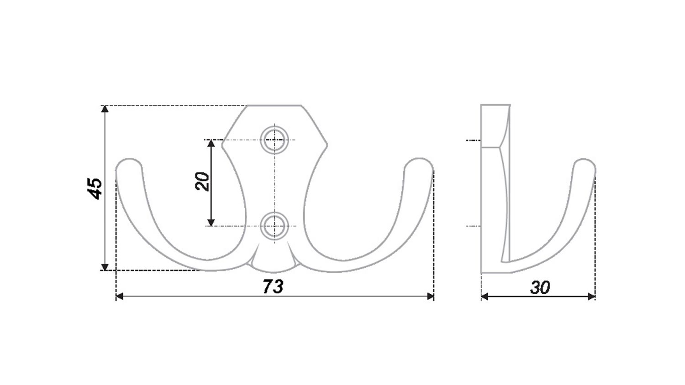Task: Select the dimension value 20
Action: pyautogui.click(x=202, y=182)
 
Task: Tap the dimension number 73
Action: pyautogui.click(x=273, y=286)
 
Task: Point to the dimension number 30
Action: pyautogui.click(x=540, y=287)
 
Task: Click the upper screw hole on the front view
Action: pyautogui.click(x=274, y=140)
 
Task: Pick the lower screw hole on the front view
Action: pyautogui.click(x=274, y=226)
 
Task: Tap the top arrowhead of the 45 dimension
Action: pyautogui.click(x=105, y=109)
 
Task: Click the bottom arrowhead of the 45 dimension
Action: pyautogui.click(x=105, y=267)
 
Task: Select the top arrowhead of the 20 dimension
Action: pyautogui.click(x=211, y=143)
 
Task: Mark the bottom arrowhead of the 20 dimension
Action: pyautogui.click(x=211, y=223)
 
